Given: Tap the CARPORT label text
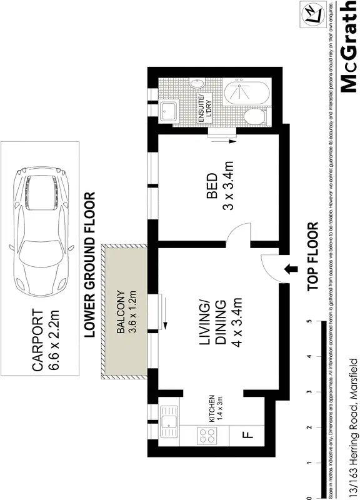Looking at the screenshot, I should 37,341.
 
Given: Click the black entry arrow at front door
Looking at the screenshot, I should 290,269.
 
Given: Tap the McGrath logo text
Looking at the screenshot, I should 348,47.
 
